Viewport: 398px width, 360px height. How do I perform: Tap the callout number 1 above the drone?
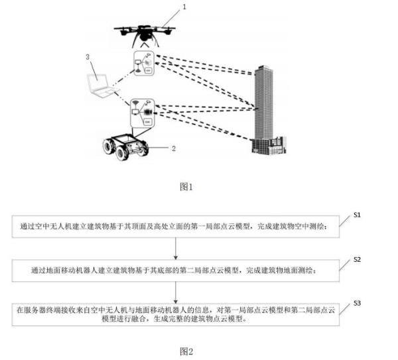point(184,7)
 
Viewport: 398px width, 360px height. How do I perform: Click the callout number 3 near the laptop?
point(88,57)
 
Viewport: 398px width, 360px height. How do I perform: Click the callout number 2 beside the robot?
point(173,149)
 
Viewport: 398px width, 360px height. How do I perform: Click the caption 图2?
point(186,351)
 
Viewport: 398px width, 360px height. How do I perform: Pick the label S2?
point(356,259)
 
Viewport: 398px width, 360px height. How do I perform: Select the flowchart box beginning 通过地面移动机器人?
point(176,270)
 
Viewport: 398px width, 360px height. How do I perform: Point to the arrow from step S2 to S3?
point(176,290)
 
